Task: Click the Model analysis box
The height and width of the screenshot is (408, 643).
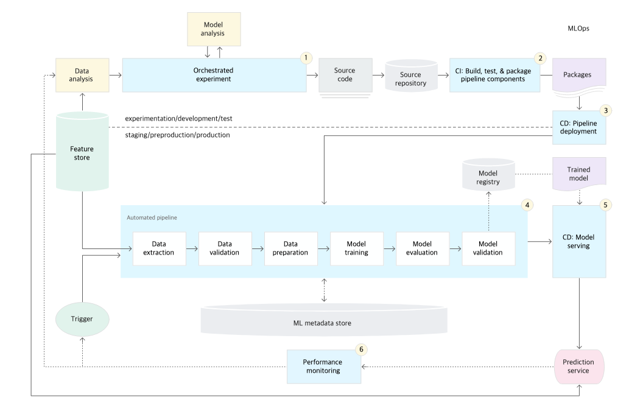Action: [214, 29]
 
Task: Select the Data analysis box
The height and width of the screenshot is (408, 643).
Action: [82, 75]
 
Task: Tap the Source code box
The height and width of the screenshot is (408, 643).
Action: [345, 75]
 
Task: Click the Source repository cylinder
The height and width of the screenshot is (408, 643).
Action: [411, 76]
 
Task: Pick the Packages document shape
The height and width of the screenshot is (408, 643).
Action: [578, 76]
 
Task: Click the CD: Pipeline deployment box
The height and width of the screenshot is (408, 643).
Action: [578, 127]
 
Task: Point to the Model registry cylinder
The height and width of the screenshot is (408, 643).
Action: [488, 175]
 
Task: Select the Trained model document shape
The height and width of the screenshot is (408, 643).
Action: [578, 174]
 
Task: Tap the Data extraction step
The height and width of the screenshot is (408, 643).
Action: [159, 248]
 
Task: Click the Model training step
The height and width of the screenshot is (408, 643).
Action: [357, 248]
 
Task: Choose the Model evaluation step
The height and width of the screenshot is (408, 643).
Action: [423, 248]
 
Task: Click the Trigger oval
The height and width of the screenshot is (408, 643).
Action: [82, 319]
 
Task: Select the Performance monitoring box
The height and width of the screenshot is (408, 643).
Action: [323, 367]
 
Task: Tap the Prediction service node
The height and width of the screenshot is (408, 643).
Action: [578, 367]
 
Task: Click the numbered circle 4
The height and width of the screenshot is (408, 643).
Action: [527, 205]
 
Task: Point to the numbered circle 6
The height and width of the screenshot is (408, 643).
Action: [361, 350]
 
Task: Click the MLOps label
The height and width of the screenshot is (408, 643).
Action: [578, 28]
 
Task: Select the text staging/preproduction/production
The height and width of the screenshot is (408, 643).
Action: [178, 135]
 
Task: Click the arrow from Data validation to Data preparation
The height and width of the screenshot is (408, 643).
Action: [258, 248]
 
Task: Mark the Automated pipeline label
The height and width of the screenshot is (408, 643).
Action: [152, 218]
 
